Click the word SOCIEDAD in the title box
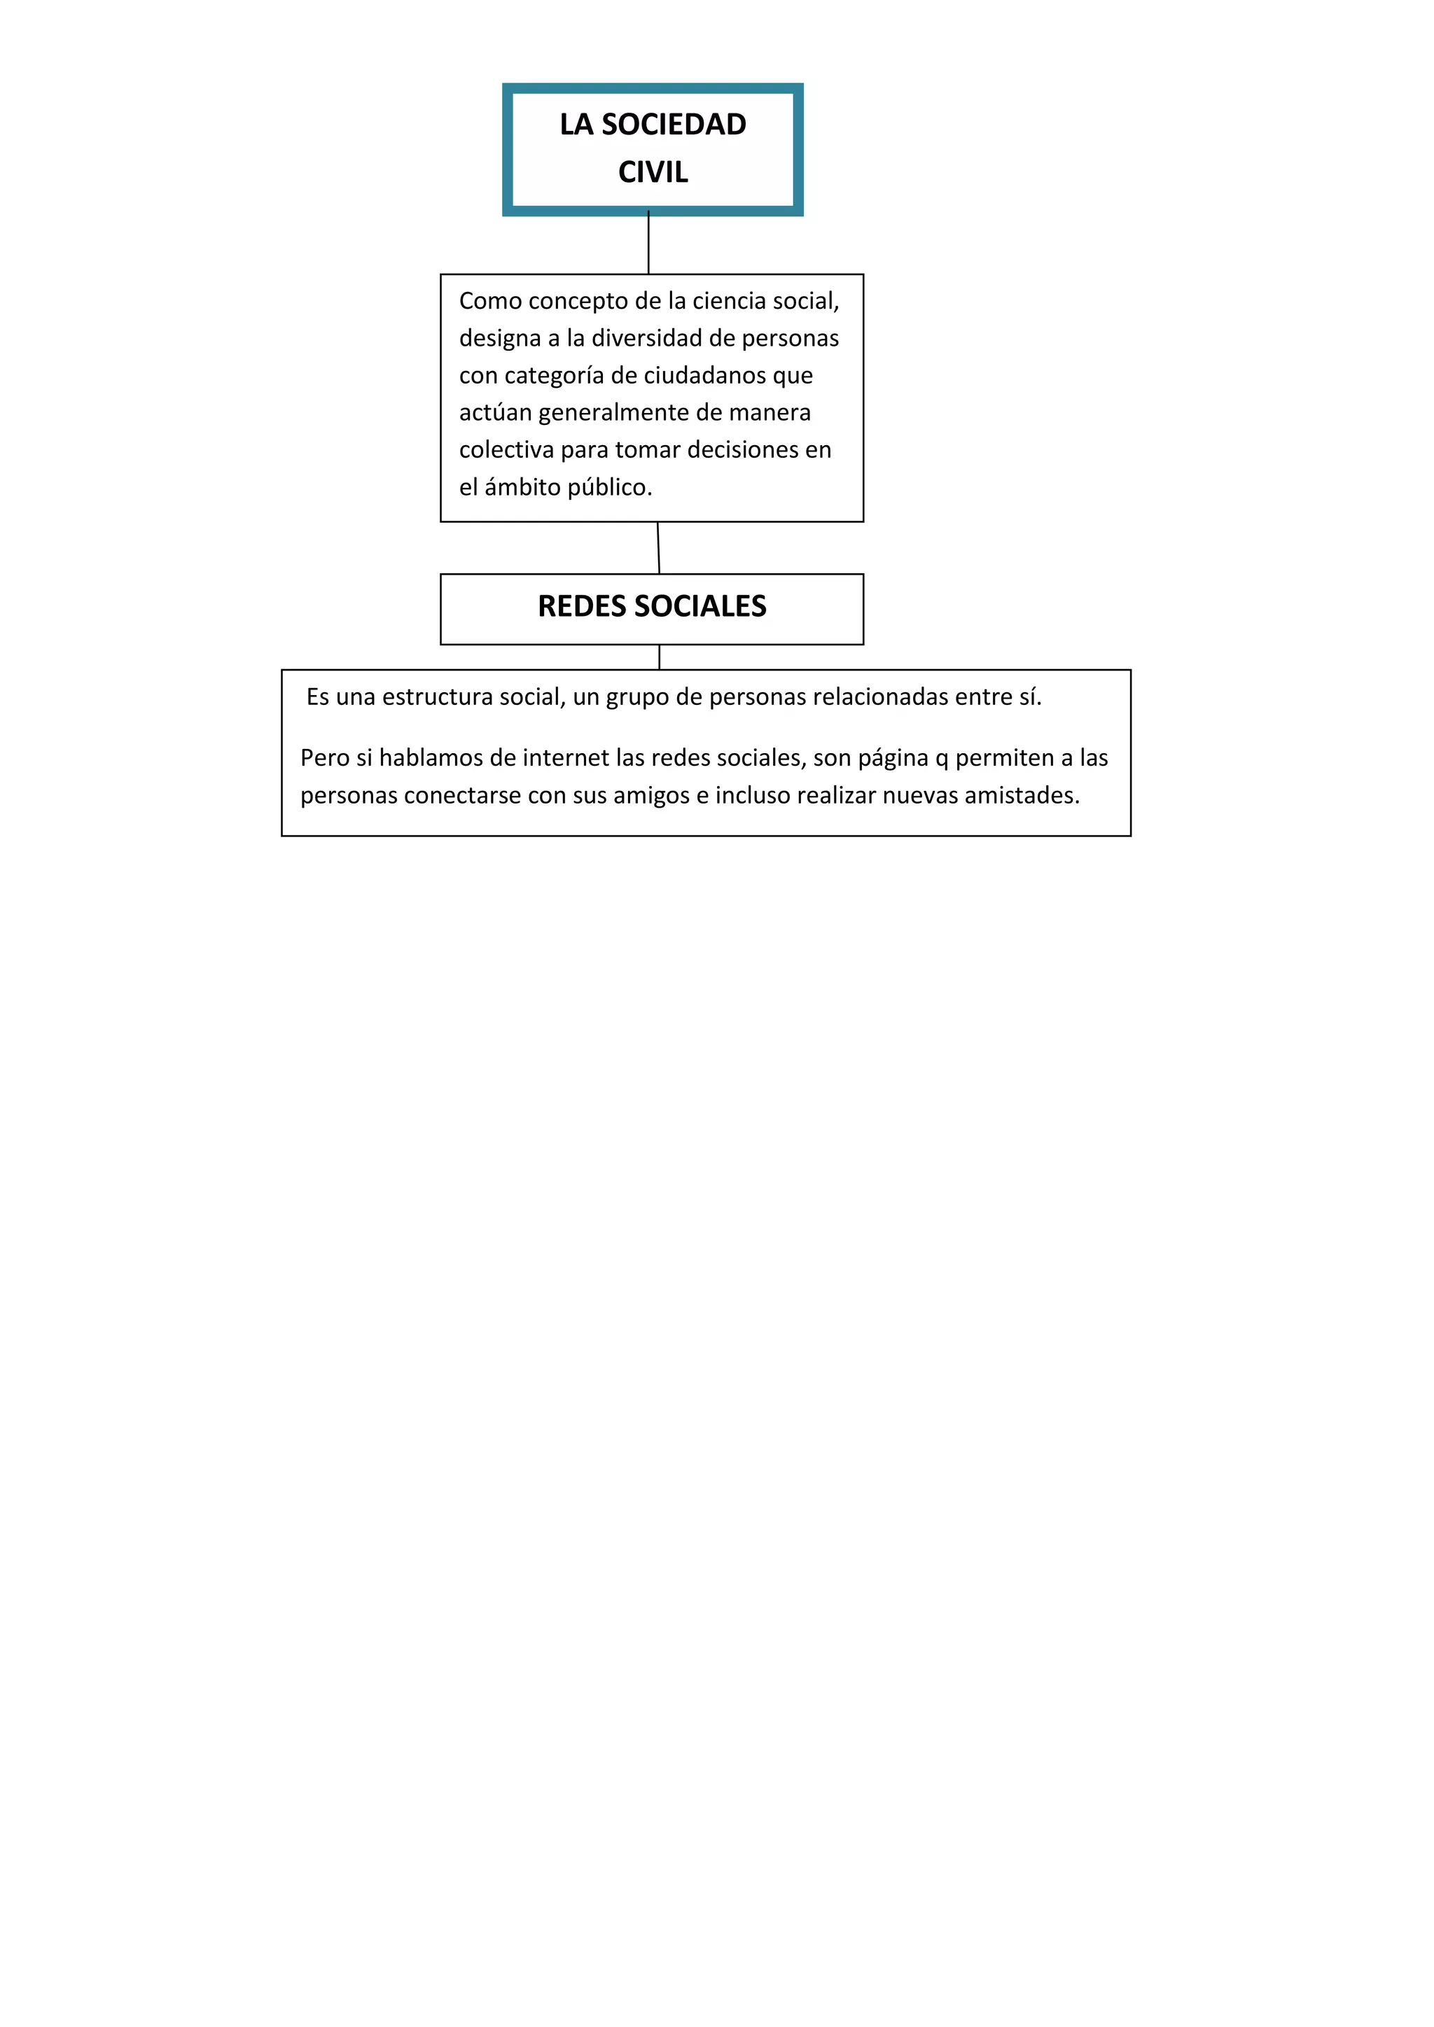tap(674, 125)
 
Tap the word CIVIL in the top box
tap(653, 172)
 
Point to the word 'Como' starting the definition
tap(491, 301)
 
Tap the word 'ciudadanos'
tap(704, 375)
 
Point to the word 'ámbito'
tap(523, 486)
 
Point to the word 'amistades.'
tap(1022, 795)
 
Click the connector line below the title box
tap(648, 244)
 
